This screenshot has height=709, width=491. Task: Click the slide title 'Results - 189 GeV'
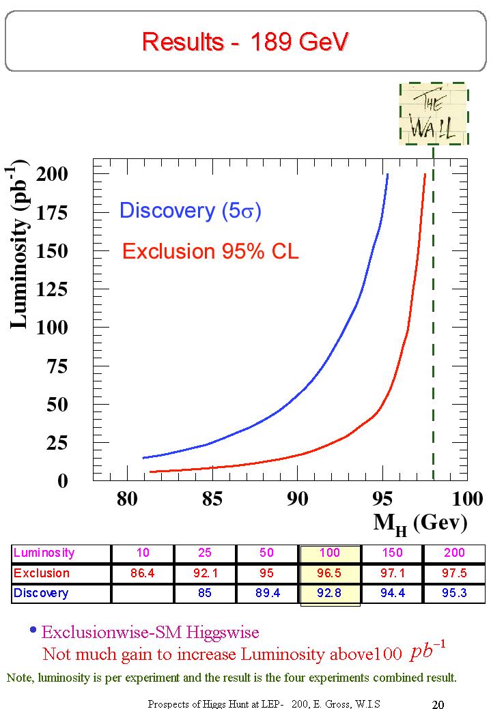point(245,42)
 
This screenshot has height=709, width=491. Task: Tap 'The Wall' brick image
point(433,114)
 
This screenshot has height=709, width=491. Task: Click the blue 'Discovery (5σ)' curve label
point(190,210)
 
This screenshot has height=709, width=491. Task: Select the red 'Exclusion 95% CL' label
point(210,251)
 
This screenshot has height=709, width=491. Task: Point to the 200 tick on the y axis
point(52,174)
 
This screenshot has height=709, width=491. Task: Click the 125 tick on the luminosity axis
point(52,290)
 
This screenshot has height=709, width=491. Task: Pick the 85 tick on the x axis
point(212,499)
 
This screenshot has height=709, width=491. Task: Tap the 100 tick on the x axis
point(468,499)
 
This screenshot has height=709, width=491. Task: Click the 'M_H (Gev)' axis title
point(420,522)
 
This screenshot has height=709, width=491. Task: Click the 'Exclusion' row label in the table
point(42,573)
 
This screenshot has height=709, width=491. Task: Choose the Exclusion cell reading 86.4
point(143,573)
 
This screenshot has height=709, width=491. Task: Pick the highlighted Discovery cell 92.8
point(330,593)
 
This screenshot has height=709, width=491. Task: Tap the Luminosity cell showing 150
point(392,553)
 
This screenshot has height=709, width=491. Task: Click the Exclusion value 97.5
point(454,573)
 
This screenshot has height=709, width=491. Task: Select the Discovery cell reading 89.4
point(268,593)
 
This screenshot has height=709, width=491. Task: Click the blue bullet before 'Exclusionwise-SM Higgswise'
point(33,631)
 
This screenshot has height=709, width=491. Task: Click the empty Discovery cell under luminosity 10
point(143,593)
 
